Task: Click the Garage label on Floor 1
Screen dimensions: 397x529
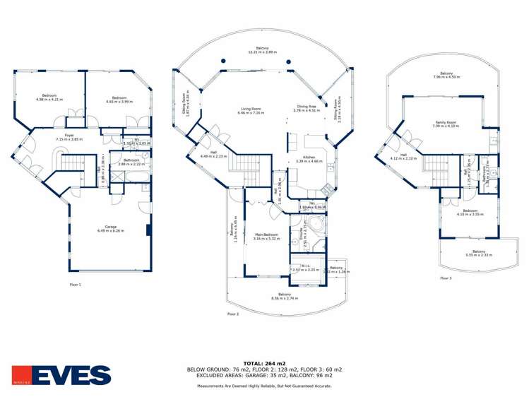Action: pos(108,228)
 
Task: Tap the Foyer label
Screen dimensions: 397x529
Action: pos(69,137)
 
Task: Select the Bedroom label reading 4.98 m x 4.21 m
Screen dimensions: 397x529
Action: pos(49,97)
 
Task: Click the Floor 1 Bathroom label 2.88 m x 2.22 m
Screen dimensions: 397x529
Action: pos(131,161)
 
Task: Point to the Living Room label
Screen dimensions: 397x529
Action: pos(250,110)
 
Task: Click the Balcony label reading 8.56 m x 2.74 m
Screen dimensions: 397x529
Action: pos(284,296)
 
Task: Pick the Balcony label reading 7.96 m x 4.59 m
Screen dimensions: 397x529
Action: pos(446,75)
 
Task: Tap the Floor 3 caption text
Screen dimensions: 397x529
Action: pos(446,278)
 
